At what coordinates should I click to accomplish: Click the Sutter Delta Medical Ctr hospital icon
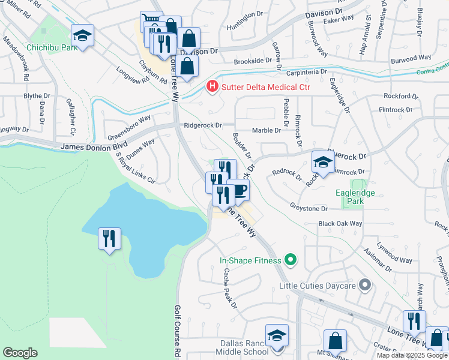212,87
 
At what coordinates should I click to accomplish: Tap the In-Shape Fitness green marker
291,260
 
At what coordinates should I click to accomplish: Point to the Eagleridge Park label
359,197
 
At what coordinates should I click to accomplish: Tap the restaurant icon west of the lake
109,239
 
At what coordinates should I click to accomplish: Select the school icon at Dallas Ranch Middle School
277,335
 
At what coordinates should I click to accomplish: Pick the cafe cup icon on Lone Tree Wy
238,190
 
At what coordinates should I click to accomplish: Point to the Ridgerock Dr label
203,126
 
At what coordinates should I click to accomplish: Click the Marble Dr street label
267,130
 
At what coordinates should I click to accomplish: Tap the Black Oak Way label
340,223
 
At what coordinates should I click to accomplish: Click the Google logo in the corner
20,353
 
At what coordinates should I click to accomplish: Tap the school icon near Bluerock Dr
323,162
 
